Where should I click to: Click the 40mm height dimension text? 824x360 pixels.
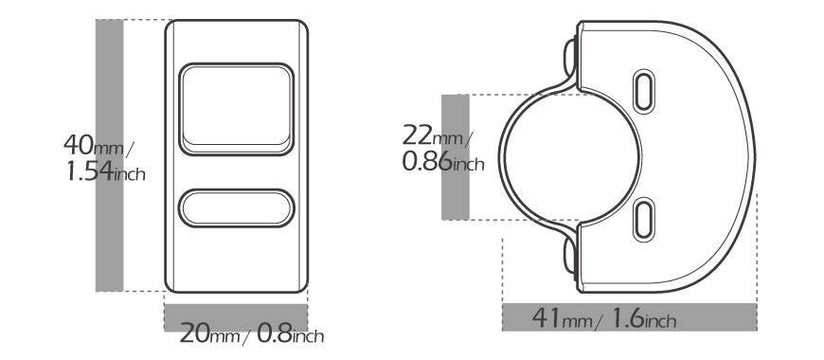click(x=98, y=145)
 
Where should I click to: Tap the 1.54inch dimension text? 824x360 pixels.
click(x=106, y=171)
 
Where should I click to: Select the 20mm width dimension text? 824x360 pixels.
click(x=209, y=333)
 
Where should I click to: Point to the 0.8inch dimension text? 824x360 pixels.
click(x=291, y=333)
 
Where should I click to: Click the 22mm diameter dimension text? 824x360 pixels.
click(x=438, y=135)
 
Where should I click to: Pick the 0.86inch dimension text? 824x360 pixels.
click(x=443, y=161)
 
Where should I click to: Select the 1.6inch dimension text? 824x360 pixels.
click(x=644, y=318)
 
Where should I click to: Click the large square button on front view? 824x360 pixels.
click(x=237, y=109)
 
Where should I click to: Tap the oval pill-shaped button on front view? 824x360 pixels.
click(x=237, y=208)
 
